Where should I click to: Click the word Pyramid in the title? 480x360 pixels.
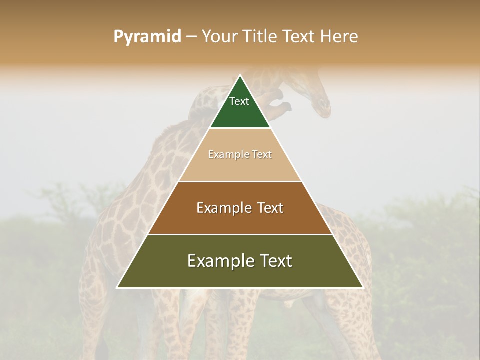click(147, 37)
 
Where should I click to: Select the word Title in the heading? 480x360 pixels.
click(260, 37)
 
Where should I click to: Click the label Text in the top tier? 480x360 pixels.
click(239, 101)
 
